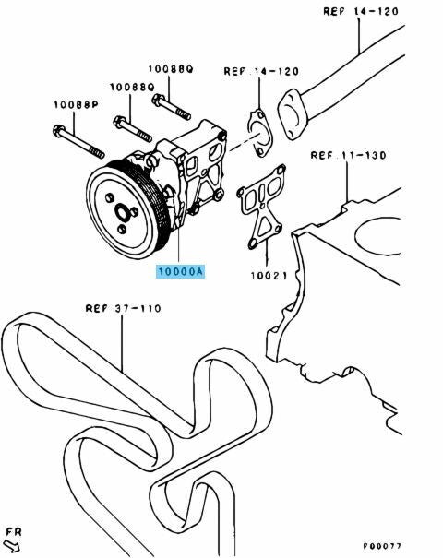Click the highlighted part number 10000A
tap(181, 271)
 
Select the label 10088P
tap(77, 104)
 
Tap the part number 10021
tap(269, 276)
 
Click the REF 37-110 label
tap(124, 308)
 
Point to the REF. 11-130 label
tap(348, 156)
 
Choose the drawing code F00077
tap(382, 546)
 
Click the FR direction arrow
tap(12, 547)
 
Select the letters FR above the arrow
tap(14, 532)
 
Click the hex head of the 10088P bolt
tap(58, 131)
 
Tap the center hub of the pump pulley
tap(122, 214)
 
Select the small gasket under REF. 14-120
tap(259, 133)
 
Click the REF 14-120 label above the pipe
tap(361, 11)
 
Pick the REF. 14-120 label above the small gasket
tap(261, 71)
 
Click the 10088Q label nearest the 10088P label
tap(132, 87)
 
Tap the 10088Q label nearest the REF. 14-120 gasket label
tap(171, 68)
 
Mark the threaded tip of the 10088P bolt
tap(96, 152)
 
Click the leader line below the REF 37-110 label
tap(123, 343)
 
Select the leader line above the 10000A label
tap(178, 246)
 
